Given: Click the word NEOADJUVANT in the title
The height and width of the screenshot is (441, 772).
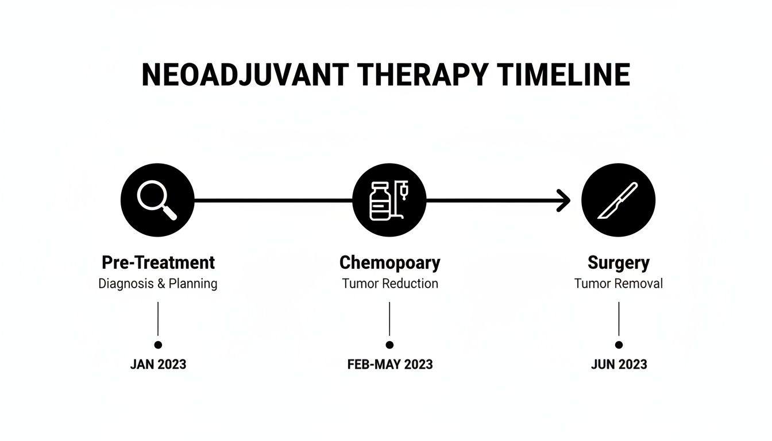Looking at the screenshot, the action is (x=245, y=75).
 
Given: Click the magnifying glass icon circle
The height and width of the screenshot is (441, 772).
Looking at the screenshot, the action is (x=158, y=200).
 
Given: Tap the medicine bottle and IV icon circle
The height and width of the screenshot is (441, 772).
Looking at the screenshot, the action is (x=389, y=200).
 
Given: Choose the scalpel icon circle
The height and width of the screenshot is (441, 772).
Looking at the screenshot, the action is (x=619, y=200).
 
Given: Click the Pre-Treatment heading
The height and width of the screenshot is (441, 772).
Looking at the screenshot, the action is (x=158, y=263).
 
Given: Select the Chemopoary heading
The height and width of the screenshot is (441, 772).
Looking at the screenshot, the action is (x=389, y=263).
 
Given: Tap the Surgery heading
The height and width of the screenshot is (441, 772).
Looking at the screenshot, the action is (x=619, y=263).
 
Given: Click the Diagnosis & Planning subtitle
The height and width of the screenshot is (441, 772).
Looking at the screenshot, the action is (x=158, y=284).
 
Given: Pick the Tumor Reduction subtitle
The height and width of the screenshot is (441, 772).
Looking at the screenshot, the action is (x=389, y=284).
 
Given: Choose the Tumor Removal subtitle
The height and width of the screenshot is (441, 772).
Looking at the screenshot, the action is (x=619, y=284).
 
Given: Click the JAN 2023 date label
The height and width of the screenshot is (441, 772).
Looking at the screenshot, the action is (x=158, y=365).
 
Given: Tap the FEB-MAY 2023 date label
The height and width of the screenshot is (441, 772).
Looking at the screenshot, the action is (x=389, y=365).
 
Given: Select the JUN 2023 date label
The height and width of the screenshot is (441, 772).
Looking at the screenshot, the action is (x=619, y=365).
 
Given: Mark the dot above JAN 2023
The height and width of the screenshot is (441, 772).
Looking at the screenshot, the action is (x=158, y=345).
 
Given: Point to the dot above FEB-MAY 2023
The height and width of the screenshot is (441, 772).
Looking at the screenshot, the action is (x=389, y=345).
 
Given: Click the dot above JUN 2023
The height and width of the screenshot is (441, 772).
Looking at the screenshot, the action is (x=619, y=345).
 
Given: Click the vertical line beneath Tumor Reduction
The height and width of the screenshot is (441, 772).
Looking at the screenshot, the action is (x=389, y=319).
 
